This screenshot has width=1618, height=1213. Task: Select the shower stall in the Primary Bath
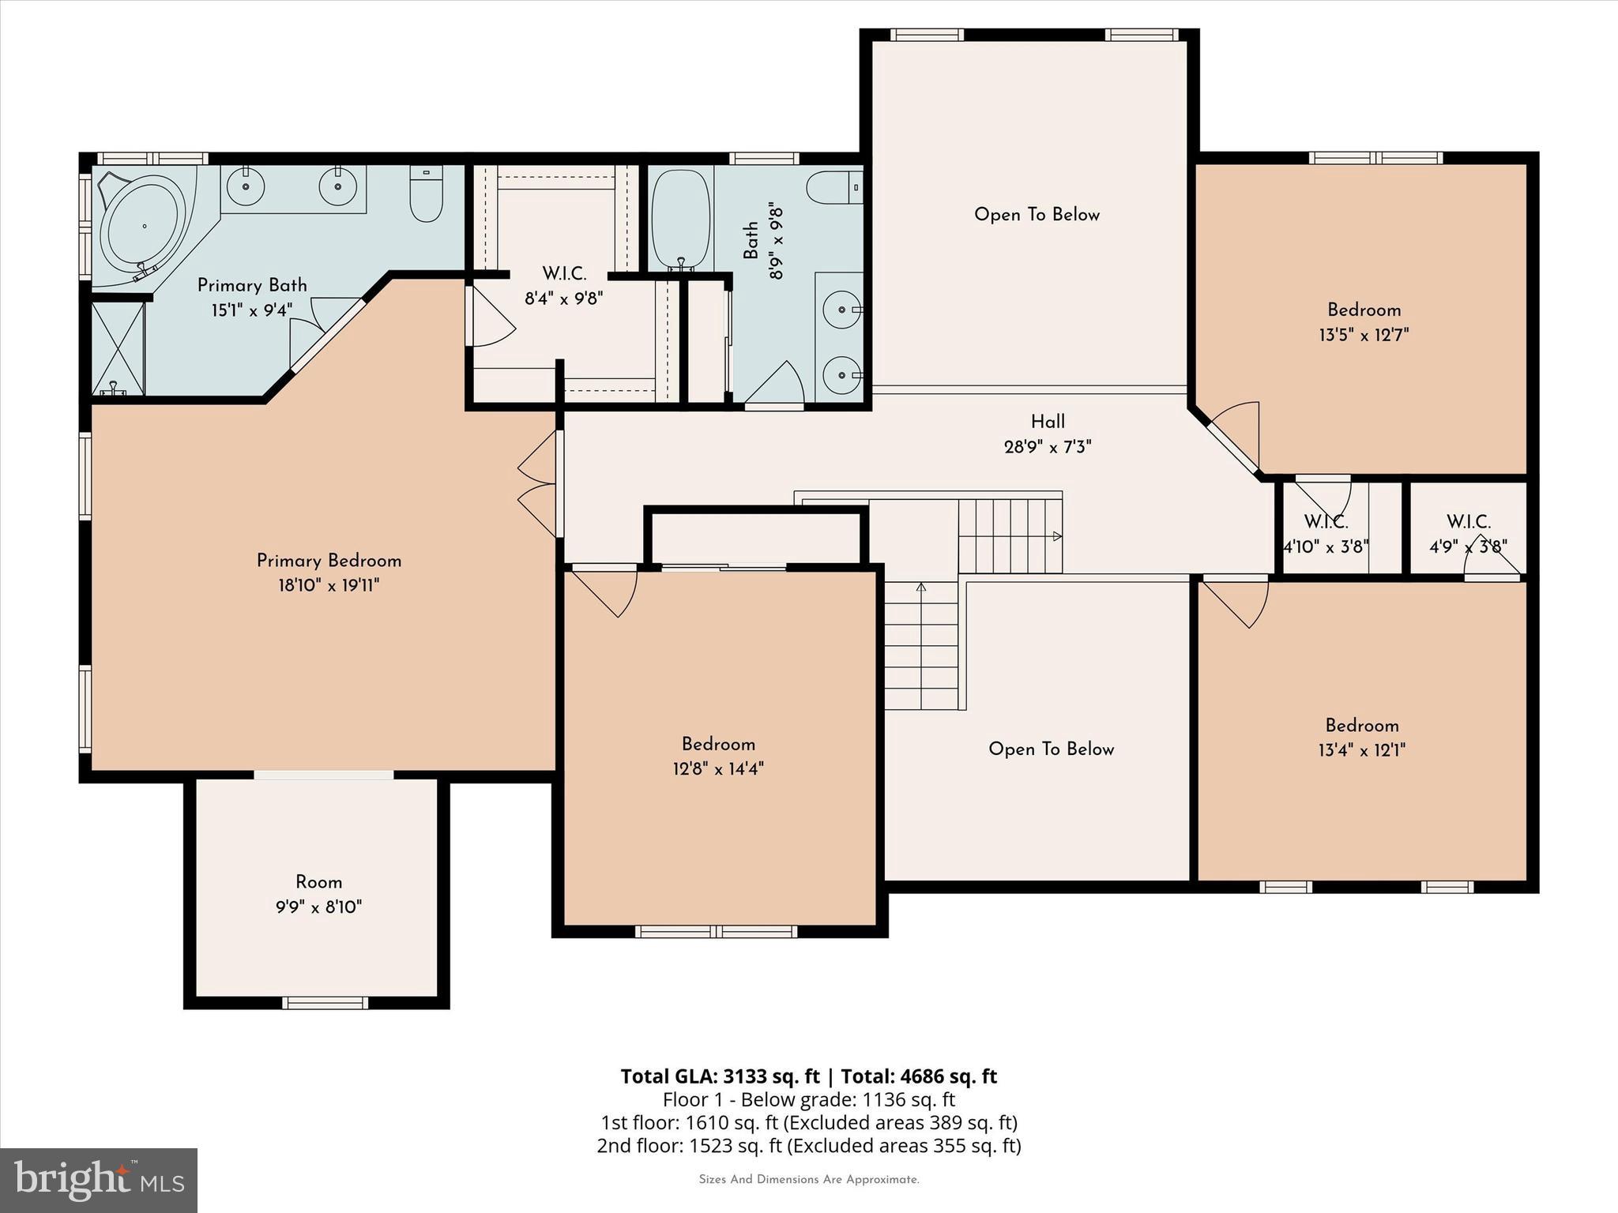(x=119, y=347)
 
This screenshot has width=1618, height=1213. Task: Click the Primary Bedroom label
(x=329, y=561)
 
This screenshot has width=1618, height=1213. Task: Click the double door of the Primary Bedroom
(x=539, y=485)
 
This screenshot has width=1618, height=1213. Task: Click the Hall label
(x=1048, y=422)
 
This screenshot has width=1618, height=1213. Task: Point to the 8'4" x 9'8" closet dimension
(x=564, y=299)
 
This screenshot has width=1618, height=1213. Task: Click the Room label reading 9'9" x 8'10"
(x=318, y=894)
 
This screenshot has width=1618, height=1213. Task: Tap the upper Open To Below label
(x=1037, y=215)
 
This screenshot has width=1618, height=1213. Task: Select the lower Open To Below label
(x=1051, y=749)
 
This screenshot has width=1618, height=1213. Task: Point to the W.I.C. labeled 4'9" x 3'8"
(x=1468, y=534)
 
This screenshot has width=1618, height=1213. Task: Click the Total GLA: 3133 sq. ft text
(x=720, y=1076)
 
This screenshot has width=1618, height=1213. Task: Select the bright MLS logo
(x=98, y=1180)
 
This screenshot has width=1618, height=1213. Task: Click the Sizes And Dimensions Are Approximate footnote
(x=809, y=1180)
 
